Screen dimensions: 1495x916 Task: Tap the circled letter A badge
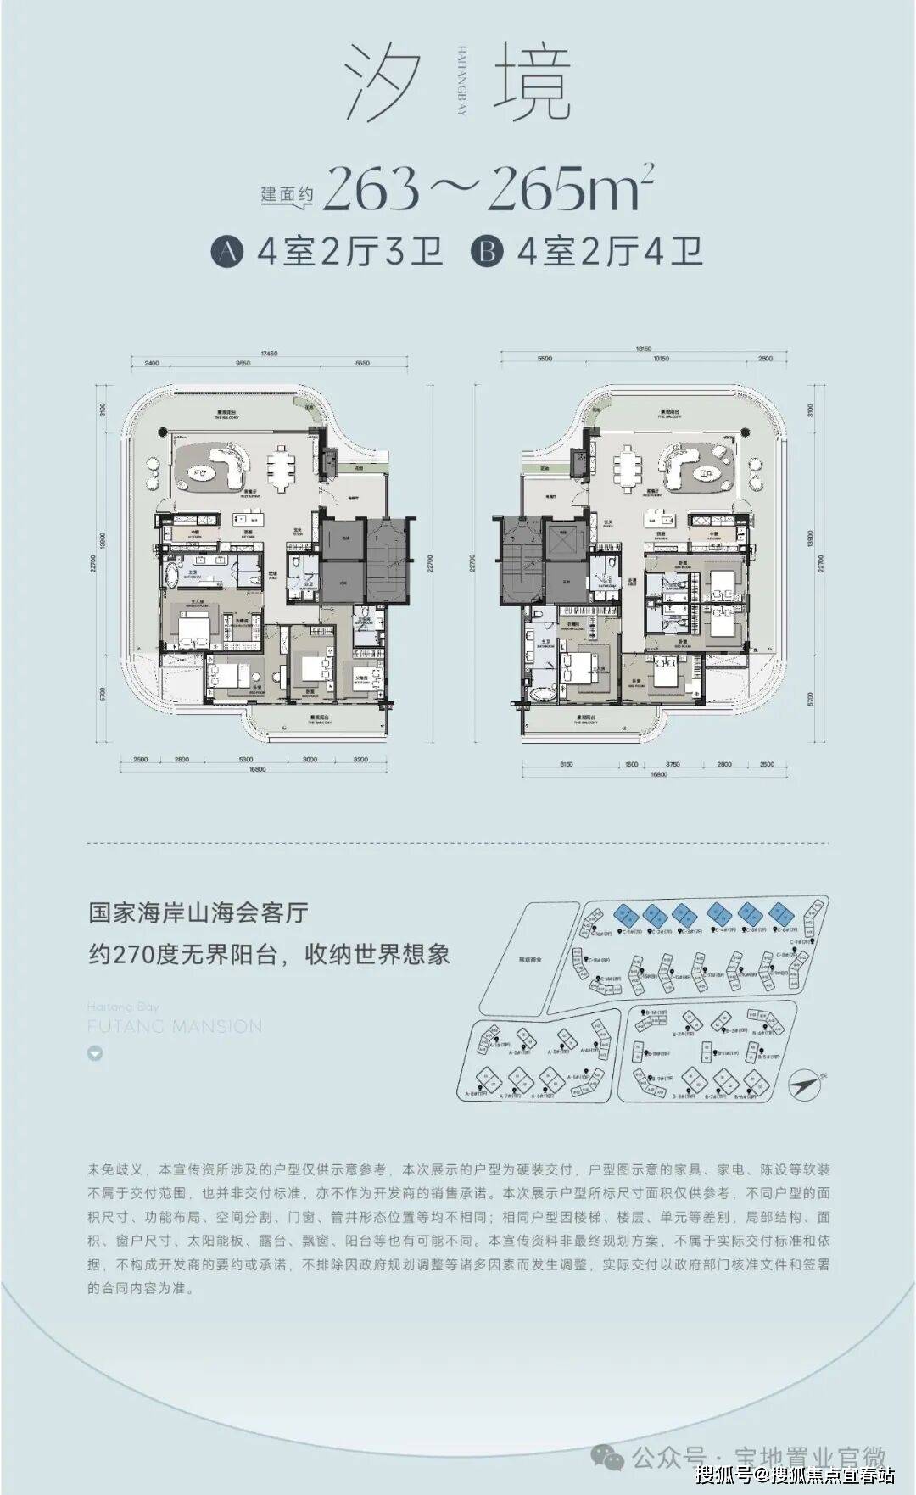tap(227, 251)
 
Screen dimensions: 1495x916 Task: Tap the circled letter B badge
tap(488, 251)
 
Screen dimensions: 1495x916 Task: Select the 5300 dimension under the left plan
tap(246, 760)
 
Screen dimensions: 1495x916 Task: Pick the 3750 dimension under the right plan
tap(673, 764)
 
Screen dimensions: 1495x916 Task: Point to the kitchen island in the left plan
tap(251, 519)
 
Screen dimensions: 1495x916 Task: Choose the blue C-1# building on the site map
tap(626, 914)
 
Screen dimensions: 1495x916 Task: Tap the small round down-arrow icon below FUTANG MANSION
tap(95, 1054)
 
